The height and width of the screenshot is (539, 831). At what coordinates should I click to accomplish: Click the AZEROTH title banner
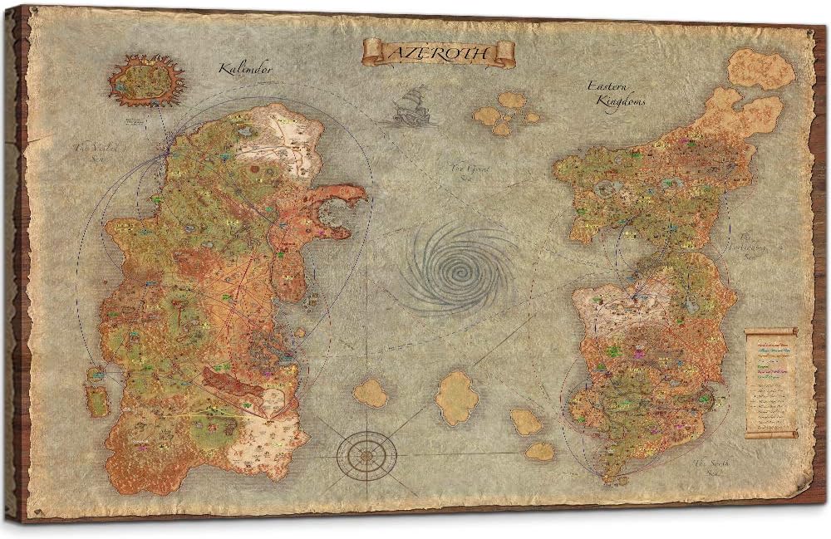439,52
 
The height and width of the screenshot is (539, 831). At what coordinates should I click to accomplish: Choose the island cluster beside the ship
505,112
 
